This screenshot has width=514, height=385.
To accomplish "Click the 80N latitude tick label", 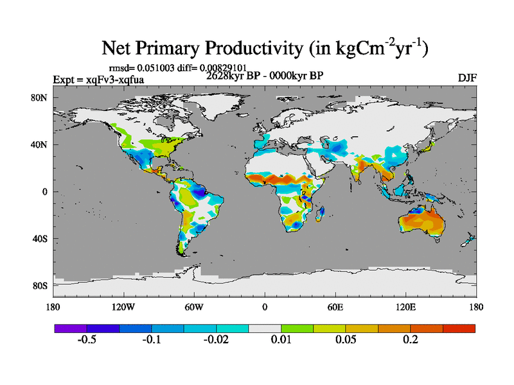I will (x=40, y=98).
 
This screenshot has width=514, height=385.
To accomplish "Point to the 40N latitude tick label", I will (x=40, y=144).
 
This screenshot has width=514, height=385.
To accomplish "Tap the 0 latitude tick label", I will (x=45, y=191).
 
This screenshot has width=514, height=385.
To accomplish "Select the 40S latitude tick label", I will (x=40, y=239).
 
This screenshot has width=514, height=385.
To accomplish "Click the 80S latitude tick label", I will (x=40, y=286).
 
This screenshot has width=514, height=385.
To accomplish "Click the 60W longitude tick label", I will (x=193, y=306).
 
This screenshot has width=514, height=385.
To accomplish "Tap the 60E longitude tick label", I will (x=335, y=306).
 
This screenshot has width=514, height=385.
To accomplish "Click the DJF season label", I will (x=467, y=78).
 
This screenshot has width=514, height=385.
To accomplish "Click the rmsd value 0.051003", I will (x=157, y=67).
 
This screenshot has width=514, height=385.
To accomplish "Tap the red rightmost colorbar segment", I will (x=459, y=328).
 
